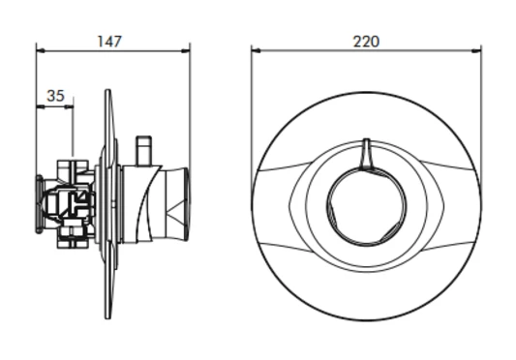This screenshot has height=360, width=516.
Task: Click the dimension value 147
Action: (112, 41)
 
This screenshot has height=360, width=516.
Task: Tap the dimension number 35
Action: (55, 96)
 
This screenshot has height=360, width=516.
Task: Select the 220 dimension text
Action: (366, 41)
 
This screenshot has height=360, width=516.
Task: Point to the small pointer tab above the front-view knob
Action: (365, 153)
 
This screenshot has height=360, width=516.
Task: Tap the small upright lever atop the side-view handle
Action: (145, 149)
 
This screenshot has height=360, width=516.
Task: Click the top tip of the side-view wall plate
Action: (108, 92)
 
